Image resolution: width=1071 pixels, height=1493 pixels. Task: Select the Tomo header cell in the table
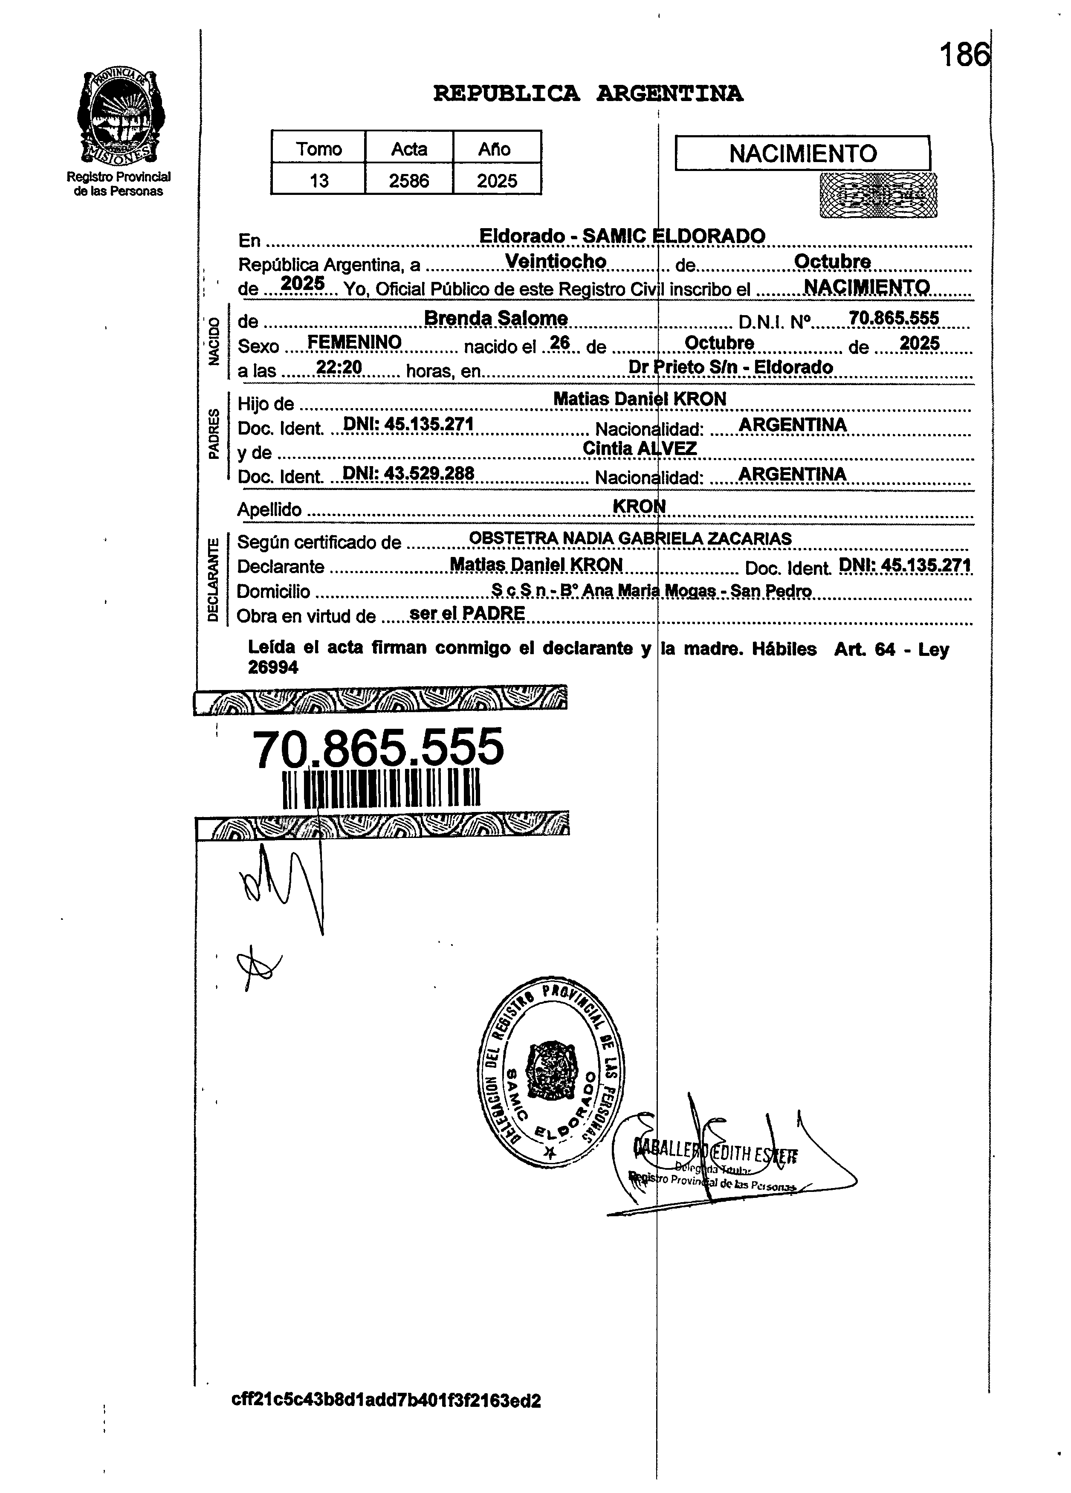click(318, 149)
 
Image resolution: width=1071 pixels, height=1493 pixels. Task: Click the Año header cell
click(495, 149)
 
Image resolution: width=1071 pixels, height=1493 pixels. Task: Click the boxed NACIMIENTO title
click(802, 154)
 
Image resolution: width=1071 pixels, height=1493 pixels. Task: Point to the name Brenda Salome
click(496, 319)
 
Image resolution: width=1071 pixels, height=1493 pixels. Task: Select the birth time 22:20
click(339, 367)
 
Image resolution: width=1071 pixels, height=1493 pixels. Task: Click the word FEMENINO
click(354, 342)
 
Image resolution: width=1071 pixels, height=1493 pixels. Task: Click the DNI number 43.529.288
click(408, 473)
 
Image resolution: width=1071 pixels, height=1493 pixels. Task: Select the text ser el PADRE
click(467, 614)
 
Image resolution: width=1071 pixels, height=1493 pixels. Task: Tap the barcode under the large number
click(381, 789)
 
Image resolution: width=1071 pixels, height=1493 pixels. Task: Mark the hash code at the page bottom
click(386, 1419)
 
